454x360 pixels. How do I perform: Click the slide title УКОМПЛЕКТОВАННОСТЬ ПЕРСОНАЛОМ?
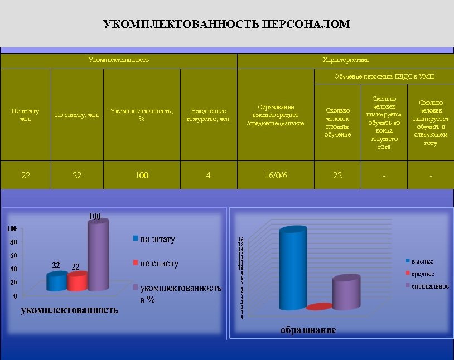tap(227, 24)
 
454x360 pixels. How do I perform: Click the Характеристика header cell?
tap(345, 60)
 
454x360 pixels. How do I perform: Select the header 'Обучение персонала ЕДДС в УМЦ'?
tap(384, 76)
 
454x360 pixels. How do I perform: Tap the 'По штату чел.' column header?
tap(26, 115)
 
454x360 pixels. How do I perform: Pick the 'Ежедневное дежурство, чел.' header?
tap(209, 115)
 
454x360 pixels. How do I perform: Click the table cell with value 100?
tap(142, 176)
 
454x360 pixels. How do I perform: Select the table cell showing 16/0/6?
tap(276, 176)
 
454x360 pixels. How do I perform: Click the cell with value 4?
tap(209, 176)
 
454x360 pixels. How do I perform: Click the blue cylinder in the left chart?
tap(56, 283)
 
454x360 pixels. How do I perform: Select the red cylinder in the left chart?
tap(77, 282)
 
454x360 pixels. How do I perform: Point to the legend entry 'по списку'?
tap(159, 264)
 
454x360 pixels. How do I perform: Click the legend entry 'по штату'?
tap(157, 239)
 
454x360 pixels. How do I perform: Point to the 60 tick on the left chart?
tap(11, 255)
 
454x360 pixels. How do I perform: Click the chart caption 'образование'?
tap(308, 330)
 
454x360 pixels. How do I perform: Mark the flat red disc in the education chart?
tap(318, 307)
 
